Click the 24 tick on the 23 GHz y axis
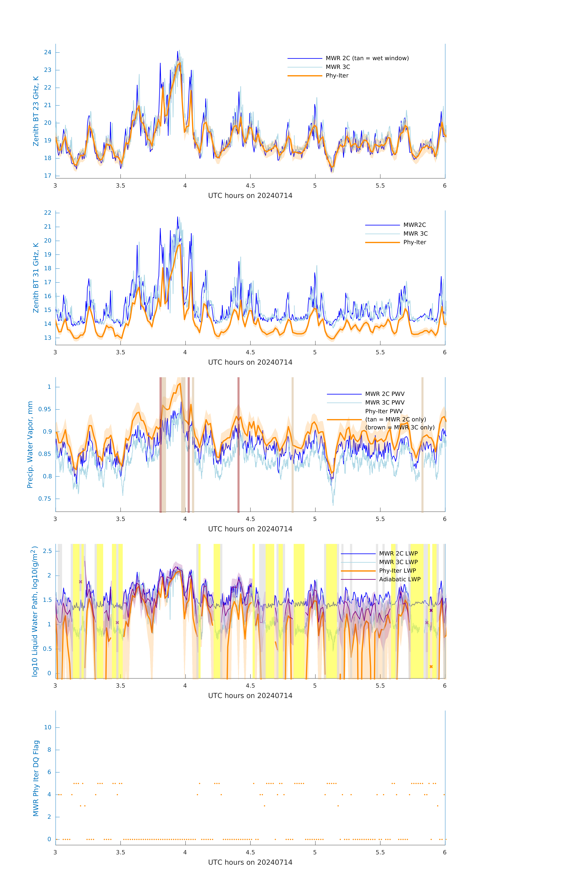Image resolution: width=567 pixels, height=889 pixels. (48, 52)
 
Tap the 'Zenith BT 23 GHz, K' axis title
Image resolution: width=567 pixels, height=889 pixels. (36, 111)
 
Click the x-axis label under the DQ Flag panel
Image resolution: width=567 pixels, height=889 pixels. (250, 862)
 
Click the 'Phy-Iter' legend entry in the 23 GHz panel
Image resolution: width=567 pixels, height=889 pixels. (337, 76)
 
